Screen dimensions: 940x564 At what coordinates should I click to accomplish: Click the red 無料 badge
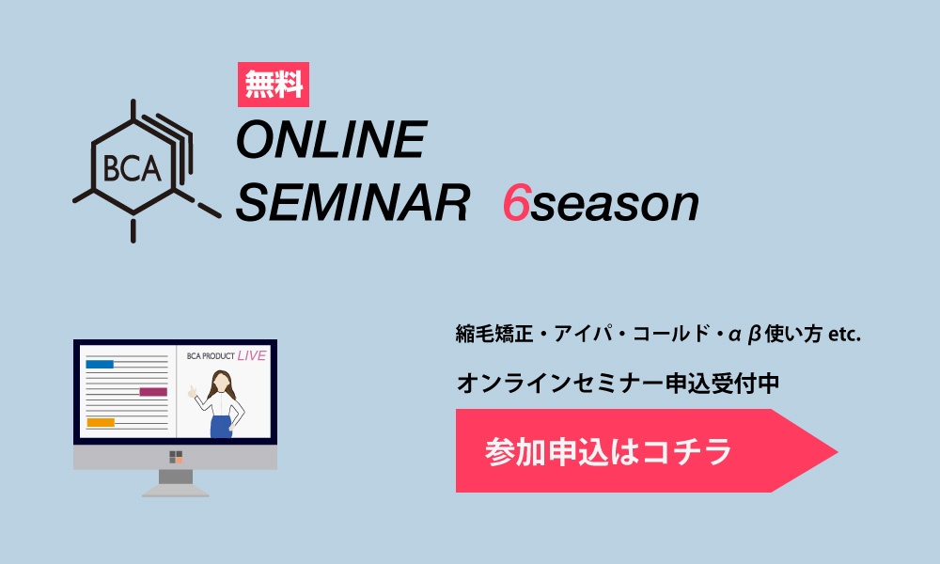coord(274,85)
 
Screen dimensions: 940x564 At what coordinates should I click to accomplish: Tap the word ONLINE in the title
coord(332,139)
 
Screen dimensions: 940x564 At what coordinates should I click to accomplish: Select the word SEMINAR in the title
coord(353,203)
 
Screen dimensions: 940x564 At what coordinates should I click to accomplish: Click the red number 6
coord(516,203)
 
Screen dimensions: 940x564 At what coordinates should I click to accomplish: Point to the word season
coord(615,207)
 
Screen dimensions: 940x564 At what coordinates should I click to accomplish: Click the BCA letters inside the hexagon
coord(132,168)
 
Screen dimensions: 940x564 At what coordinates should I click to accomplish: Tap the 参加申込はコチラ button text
coord(608,452)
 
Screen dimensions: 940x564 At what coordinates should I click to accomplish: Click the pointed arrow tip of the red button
coord(837,451)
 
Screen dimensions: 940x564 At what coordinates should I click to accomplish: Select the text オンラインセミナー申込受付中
coord(619,384)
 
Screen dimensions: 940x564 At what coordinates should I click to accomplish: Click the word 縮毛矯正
coord(494,334)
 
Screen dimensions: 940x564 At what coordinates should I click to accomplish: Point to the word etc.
coord(844,335)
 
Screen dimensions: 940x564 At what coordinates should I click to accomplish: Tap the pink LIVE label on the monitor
coord(252,355)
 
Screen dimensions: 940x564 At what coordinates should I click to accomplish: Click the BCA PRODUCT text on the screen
coord(211,356)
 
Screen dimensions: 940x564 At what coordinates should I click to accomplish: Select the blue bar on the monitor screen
coord(100,364)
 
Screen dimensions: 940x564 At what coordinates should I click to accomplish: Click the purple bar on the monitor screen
coord(153,392)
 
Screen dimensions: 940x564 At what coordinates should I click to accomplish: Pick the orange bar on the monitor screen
coord(101,423)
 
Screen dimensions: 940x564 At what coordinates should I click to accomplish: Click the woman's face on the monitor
coord(221,382)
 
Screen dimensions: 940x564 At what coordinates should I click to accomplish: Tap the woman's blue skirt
coord(221,426)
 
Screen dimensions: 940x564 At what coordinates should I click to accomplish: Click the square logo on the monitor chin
coord(176,458)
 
